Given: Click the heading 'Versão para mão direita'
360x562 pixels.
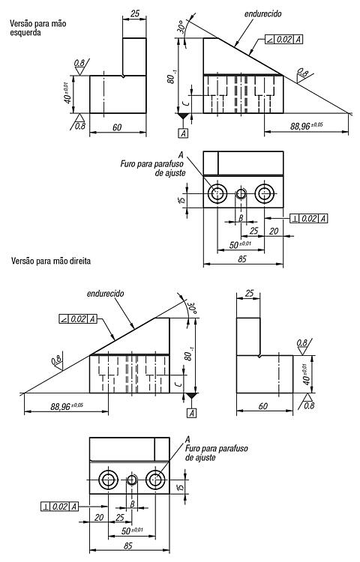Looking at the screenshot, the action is pos(51,261).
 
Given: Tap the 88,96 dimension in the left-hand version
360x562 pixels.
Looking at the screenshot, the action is pos(307,126).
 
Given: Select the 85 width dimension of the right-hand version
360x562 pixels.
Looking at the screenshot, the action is pos(128,546).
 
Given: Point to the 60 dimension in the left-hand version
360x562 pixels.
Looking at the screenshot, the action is pos(117,127).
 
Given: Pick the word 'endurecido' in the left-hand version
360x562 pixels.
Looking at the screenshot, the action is pos(262,13).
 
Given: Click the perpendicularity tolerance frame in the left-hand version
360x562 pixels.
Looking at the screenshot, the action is pos(309,218).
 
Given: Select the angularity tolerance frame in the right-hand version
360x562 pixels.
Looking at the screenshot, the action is pos(78,318).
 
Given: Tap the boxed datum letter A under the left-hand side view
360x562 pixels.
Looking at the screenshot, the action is pos(184,133).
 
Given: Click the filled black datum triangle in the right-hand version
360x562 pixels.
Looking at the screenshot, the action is pos(191,396).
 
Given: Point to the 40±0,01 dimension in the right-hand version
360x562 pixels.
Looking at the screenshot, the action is pos(306,374).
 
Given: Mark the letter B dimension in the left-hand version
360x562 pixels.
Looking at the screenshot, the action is pos(241,217).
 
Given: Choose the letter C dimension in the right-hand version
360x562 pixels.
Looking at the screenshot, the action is pos(180,384).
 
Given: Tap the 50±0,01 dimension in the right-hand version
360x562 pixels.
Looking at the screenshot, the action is pos(131,531).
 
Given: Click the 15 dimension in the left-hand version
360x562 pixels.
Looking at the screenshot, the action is pos(182,199).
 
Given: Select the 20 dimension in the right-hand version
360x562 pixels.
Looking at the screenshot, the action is pos(99,517).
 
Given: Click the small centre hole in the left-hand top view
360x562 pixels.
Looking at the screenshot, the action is pos(241,194).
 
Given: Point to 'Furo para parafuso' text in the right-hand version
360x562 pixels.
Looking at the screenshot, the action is pos(216,448).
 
